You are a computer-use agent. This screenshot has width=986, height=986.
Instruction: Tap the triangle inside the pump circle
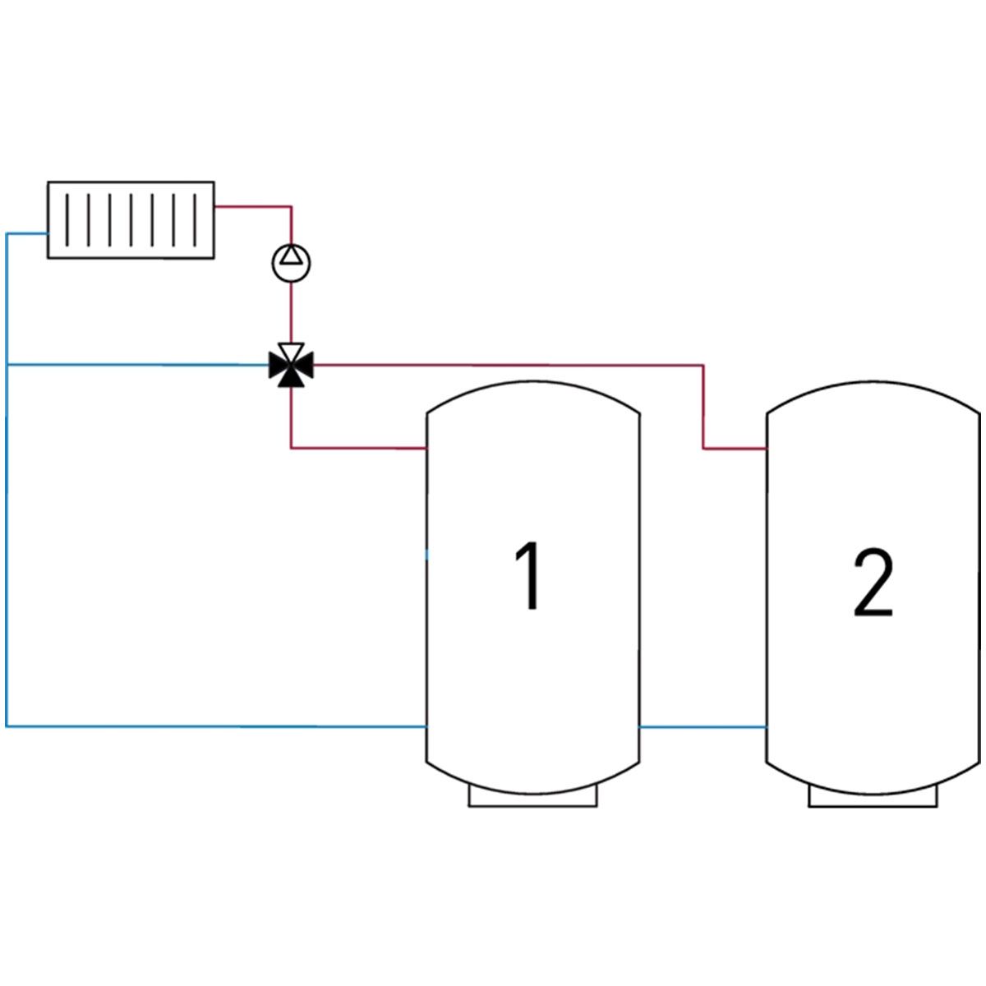(291, 255)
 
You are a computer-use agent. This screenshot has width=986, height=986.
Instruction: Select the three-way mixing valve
(291, 365)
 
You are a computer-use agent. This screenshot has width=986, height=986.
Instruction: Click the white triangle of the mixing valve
(291, 351)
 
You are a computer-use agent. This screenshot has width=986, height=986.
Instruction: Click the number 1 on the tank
(528, 575)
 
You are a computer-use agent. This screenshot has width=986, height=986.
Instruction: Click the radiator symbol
(131, 220)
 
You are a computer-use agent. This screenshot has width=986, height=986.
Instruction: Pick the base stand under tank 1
(532, 799)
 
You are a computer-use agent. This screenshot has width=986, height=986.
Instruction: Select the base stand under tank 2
(873, 799)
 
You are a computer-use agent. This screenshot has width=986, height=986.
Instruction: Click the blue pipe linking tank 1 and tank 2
(703, 726)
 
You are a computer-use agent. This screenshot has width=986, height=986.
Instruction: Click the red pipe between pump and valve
(291, 312)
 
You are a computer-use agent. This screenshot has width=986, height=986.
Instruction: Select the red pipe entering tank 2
(703, 366)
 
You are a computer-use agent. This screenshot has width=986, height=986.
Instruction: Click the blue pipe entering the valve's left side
(138, 365)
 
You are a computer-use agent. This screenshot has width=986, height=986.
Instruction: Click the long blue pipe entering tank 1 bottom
(215, 726)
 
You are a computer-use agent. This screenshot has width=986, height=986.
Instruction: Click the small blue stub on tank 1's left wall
(427, 555)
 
